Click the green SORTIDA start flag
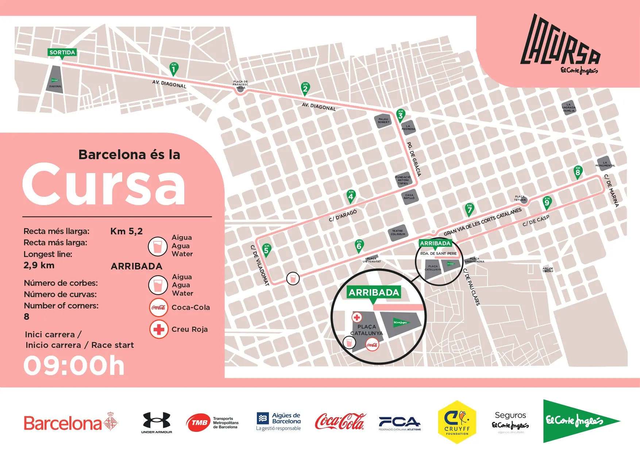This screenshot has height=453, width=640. pyautogui.click(x=62, y=53)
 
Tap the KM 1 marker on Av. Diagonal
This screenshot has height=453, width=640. pyautogui.click(x=174, y=69)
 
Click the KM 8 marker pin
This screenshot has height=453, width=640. pyautogui.click(x=577, y=172)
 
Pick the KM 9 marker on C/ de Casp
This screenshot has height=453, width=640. pyautogui.click(x=547, y=202)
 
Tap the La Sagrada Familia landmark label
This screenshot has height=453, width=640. pyautogui.click(x=568, y=108)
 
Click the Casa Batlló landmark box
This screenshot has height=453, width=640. pyautogui.click(x=409, y=196)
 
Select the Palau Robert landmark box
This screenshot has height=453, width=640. pyautogui.click(x=383, y=121)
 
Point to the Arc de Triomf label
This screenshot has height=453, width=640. pyautogui.click(x=547, y=270)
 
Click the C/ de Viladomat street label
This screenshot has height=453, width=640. pyautogui.click(x=260, y=265)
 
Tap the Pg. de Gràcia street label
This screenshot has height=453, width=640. pyautogui.click(x=414, y=159)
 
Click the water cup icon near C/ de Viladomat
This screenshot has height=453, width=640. pyautogui.click(x=293, y=279)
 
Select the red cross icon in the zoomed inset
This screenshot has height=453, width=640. pyautogui.click(x=357, y=317)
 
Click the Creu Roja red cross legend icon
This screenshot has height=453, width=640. pyautogui.click(x=159, y=329)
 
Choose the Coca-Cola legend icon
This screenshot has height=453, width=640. pyautogui.click(x=159, y=307)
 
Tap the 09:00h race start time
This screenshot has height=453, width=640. pyautogui.click(x=74, y=365)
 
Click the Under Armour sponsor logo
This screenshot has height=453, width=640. pyautogui.click(x=157, y=422)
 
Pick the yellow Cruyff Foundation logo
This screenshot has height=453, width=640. pyautogui.click(x=457, y=422)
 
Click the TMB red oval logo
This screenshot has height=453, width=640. pyautogui.click(x=199, y=423)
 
